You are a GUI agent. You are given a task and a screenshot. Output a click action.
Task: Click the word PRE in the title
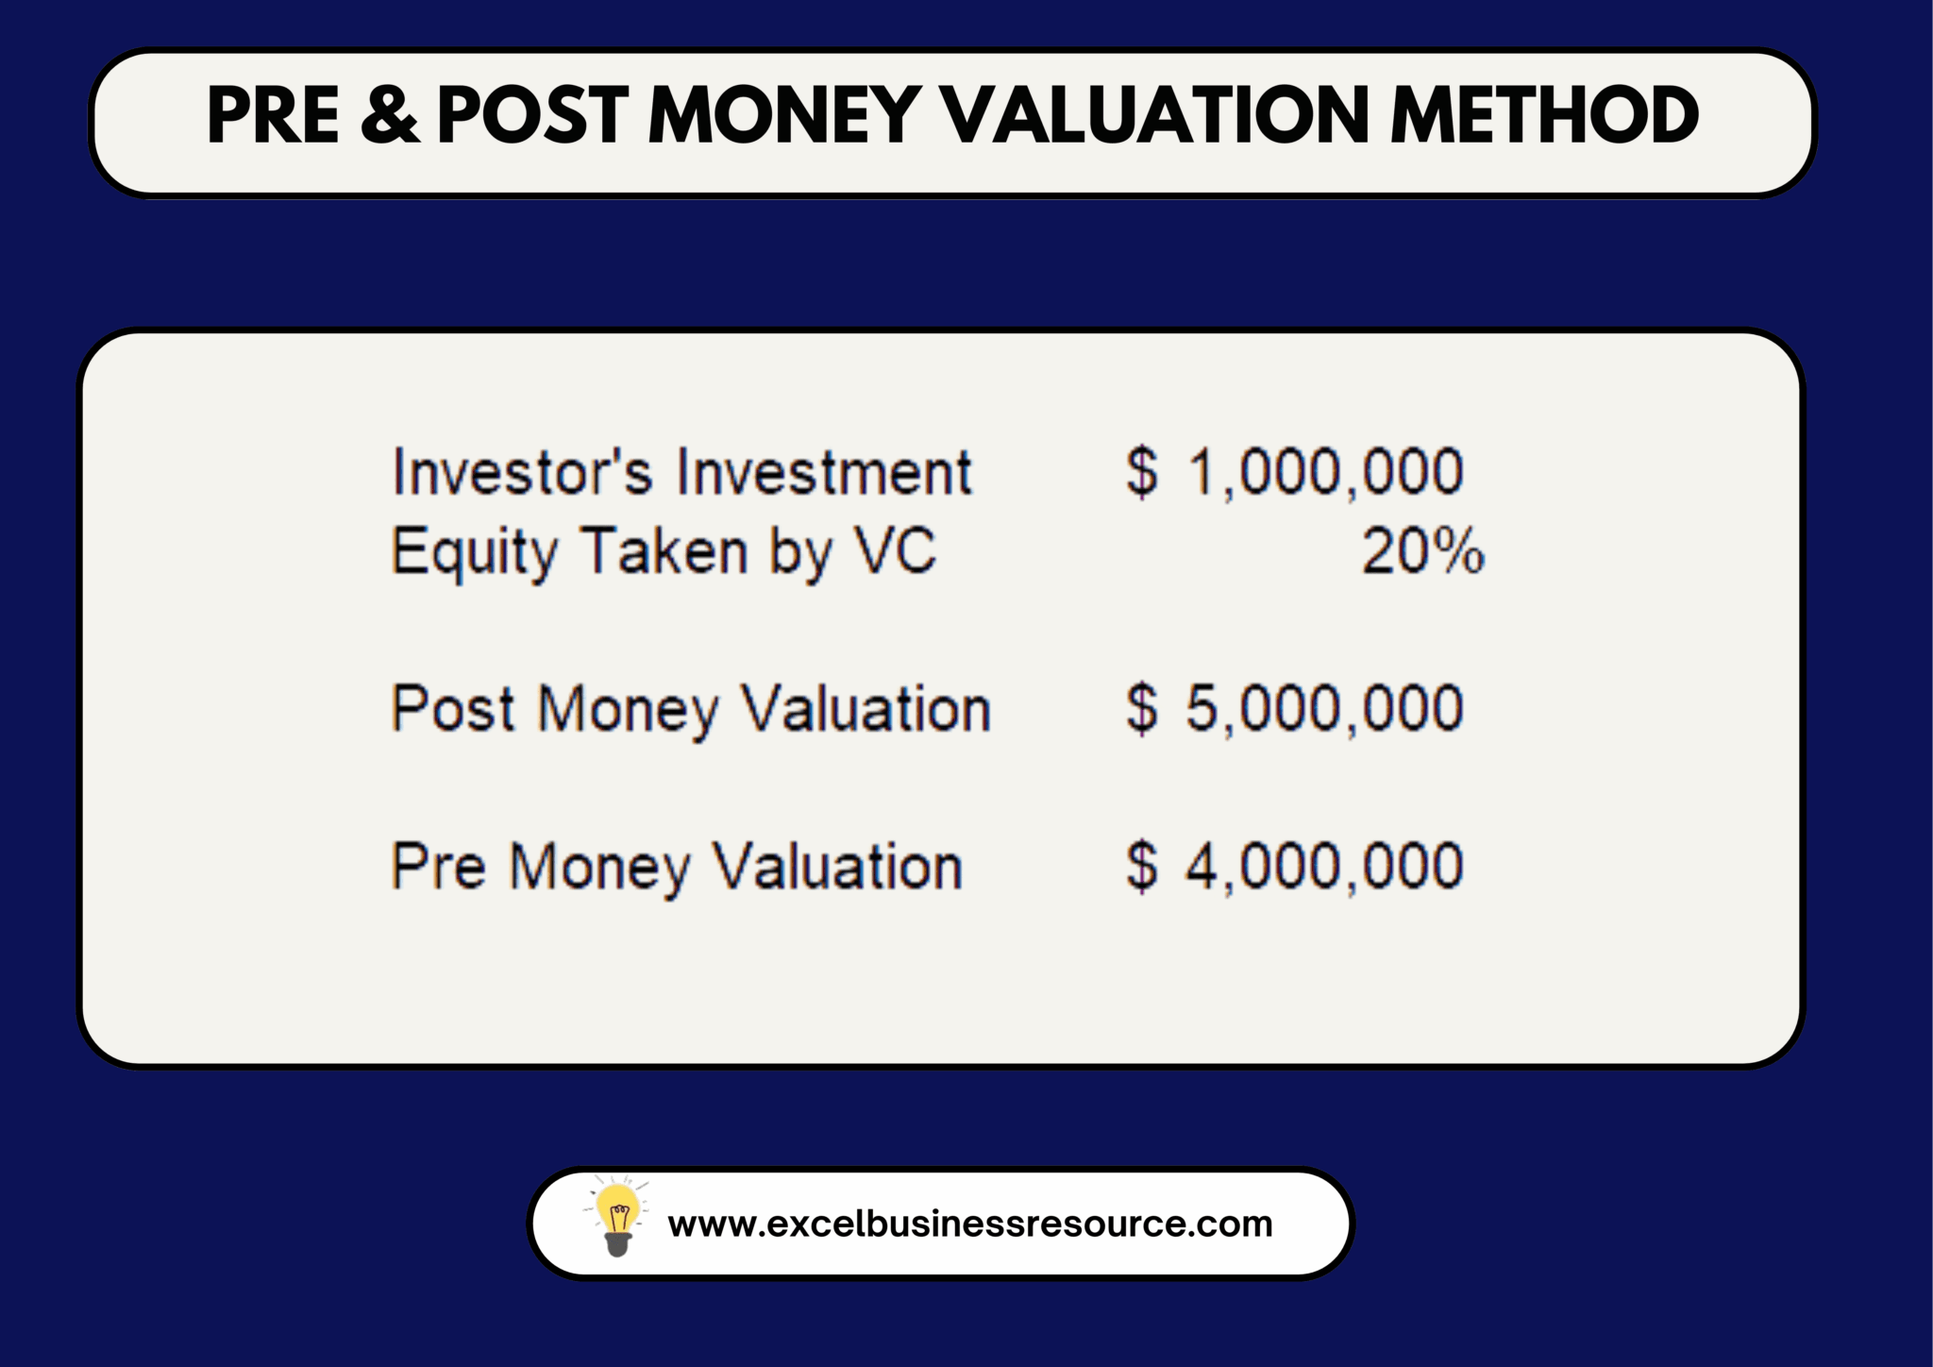(x=273, y=115)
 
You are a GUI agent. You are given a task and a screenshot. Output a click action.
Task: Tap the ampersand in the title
(x=389, y=115)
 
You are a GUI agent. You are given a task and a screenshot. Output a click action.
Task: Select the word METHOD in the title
(x=1544, y=115)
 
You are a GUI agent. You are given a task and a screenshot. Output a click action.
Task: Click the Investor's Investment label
(x=681, y=472)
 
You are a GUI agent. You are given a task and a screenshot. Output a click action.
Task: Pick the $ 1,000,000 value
(x=1294, y=472)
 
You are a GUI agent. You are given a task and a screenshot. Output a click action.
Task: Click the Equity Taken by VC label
(x=664, y=552)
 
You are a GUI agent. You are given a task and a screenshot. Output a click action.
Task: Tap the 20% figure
(x=1422, y=551)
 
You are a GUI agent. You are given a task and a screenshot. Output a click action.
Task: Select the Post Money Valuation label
(x=691, y=709)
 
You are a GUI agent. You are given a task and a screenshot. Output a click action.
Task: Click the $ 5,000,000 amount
(x=1294, y=709)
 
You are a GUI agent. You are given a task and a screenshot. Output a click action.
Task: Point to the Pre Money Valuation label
(x=677, y=867)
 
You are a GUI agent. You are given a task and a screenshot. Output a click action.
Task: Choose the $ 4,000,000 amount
(x=1294, y=867)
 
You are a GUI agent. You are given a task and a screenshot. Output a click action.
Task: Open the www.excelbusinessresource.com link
(x=970, y=1224)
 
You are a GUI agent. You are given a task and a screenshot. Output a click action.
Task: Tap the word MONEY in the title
(x=784, y=115)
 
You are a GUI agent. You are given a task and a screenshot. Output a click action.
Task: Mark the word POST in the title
(x=532, y=115)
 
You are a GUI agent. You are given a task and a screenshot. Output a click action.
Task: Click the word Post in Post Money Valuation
(x=453, y=709)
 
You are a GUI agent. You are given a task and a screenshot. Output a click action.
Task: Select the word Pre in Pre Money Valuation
(x=439, y=867)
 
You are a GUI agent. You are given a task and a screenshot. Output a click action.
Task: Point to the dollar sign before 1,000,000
(x=1142, y=472)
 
